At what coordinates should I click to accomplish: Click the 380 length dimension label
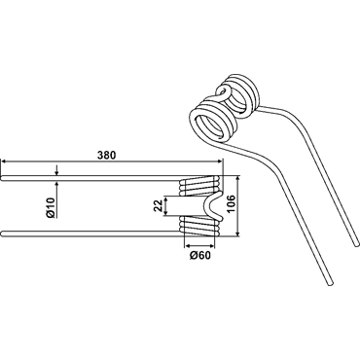coord(106,156)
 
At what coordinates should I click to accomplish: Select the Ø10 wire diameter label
coord(52,208)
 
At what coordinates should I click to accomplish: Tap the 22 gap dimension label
coord(158,205)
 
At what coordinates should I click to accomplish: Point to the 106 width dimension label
coord(231,204)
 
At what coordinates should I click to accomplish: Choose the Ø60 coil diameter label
coord(200,256)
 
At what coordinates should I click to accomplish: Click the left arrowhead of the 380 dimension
coord(4,161)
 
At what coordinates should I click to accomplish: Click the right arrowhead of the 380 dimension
coord(220,161)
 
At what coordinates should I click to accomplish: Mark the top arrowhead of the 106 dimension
coord(238,179)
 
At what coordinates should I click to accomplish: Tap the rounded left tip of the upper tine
coord(3,178)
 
